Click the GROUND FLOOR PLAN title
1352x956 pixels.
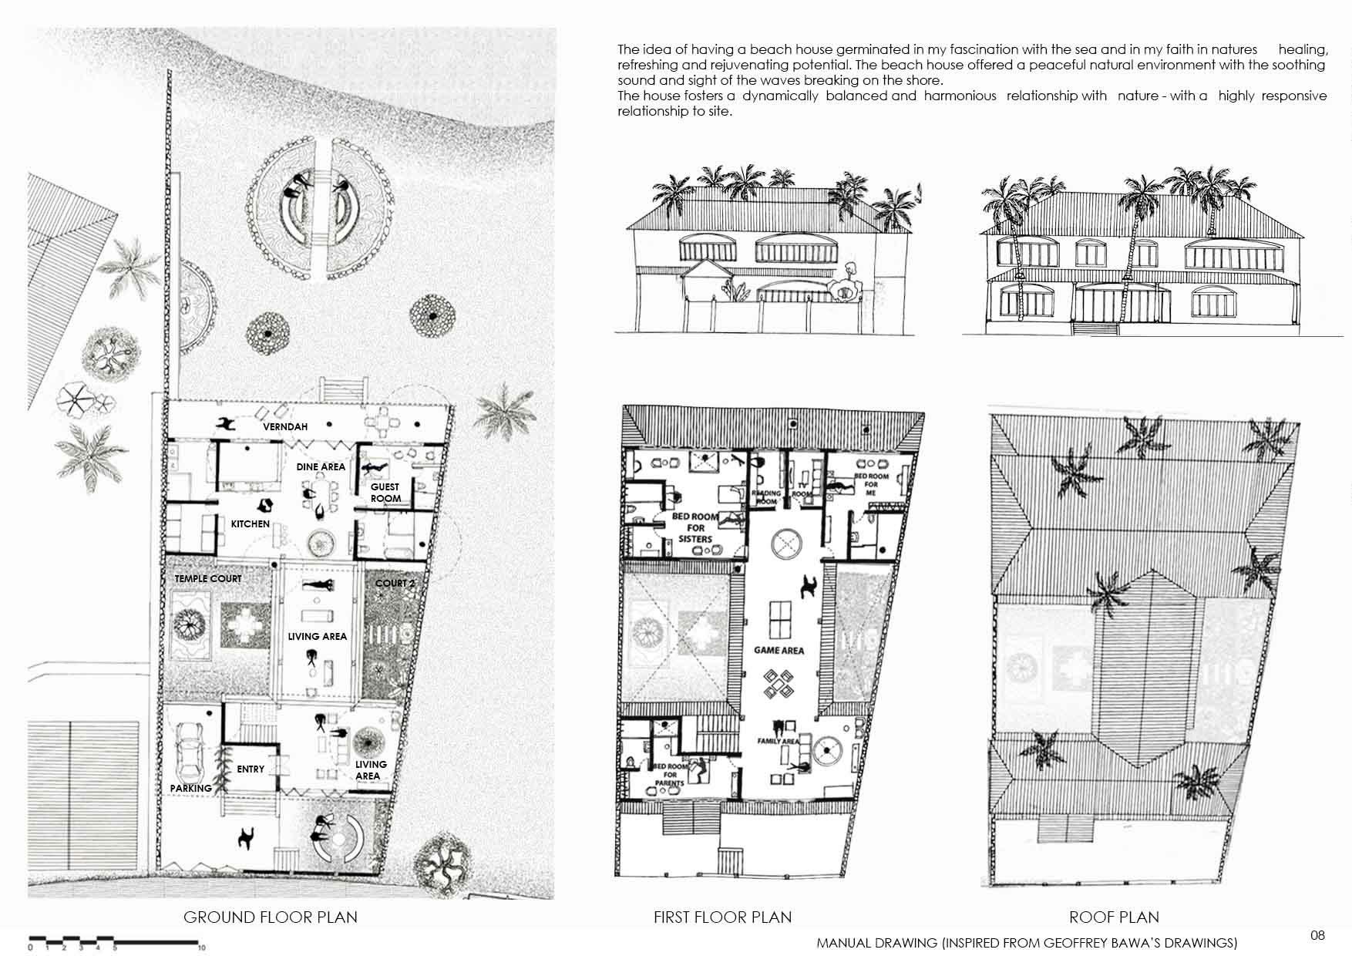pos(270,917)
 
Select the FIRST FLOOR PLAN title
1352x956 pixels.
pos(722,917)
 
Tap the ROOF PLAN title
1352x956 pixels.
pos(1114,917)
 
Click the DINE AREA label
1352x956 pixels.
pos(321,466)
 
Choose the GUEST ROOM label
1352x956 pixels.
pos(385,493)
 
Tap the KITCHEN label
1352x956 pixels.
pos(251,524)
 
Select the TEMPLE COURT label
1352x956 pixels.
pos(207,578)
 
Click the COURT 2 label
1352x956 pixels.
pos(395,583)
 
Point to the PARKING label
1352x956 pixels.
pos(190,788)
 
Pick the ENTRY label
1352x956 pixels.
pos(251,769)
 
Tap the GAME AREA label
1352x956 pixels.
pos(779,651)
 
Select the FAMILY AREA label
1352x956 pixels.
pos(779,741)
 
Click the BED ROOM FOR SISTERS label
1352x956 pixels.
pos(695,527)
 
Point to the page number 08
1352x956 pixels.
pos(1317,935)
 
